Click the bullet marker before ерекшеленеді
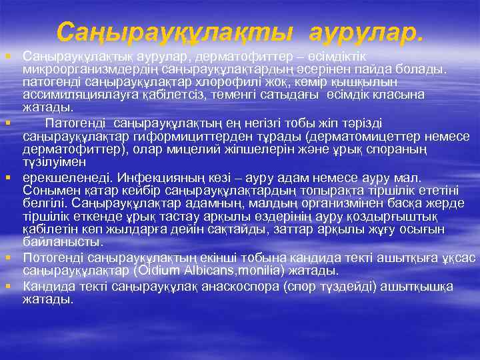coord(7,178)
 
